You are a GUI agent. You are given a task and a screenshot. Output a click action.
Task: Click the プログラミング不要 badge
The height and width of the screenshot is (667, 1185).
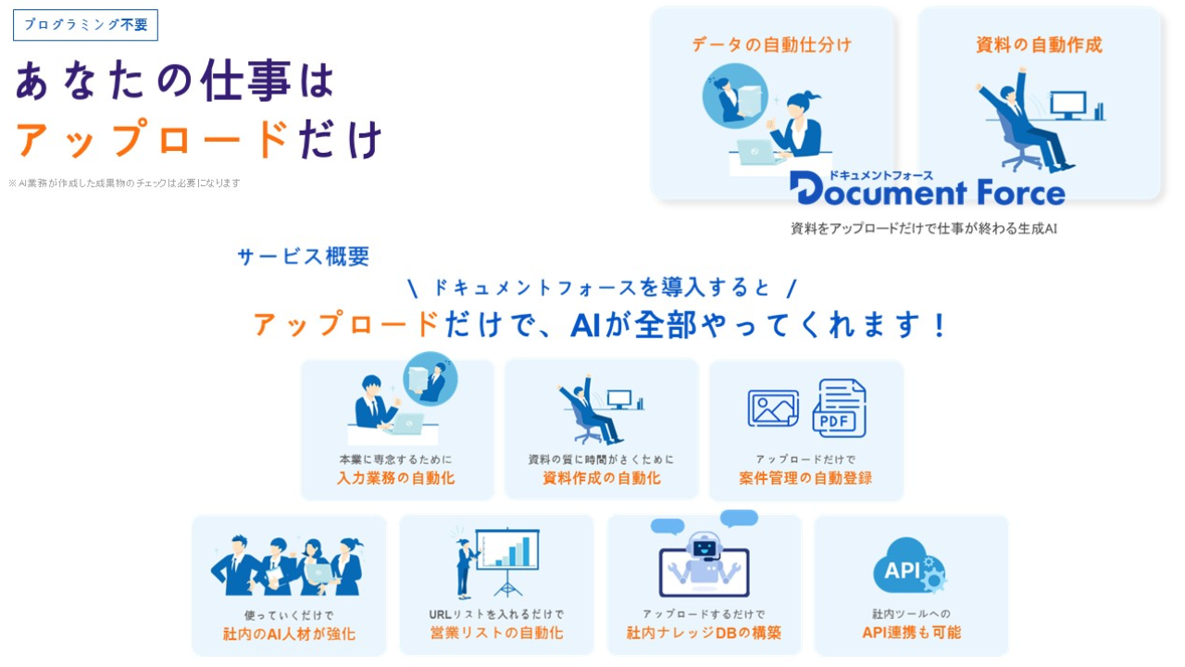click(86, 25)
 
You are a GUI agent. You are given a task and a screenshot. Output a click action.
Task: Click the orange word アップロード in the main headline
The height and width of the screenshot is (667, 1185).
click(153, 139)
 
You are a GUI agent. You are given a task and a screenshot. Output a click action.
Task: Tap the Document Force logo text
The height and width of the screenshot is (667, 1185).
click(928, 191)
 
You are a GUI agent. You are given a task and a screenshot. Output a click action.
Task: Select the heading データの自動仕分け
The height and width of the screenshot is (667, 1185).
click(772, 45)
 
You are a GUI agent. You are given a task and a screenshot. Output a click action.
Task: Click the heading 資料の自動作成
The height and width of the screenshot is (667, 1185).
click(1039, 45)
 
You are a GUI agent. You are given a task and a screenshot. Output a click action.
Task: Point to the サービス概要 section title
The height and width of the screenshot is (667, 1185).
click(304, 257)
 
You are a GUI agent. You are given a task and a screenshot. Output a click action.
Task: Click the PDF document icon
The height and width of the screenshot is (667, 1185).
click(840, 409)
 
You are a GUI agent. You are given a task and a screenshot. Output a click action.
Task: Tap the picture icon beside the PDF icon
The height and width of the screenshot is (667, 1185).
click(773, 409)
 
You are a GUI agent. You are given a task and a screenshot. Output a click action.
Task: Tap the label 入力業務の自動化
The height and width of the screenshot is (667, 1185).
click(396, 478)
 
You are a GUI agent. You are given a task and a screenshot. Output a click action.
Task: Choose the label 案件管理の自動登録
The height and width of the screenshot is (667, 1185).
click(805, 478)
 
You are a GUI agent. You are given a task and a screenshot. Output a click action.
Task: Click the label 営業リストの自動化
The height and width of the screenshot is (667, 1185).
click(496, 633)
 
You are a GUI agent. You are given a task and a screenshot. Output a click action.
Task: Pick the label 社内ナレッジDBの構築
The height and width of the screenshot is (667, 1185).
click(705, 633)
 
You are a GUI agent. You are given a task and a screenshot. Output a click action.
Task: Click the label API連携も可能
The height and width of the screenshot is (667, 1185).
click(912, 633)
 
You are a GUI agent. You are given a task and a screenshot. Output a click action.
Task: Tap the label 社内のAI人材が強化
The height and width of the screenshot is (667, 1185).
click(289, 634)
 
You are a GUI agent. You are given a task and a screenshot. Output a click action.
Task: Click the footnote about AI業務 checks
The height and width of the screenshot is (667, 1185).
click(124, 183)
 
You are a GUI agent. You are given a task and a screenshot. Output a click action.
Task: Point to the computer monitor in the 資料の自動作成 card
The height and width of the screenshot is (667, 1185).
click(1068, 106)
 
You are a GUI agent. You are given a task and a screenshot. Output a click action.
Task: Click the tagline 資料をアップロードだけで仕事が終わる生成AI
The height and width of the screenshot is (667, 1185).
click(924, 229)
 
